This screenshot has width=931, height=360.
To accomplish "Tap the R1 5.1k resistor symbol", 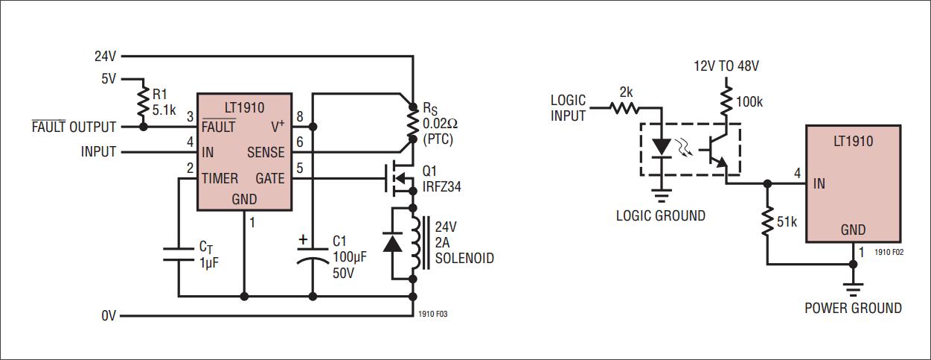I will tap(143, 102).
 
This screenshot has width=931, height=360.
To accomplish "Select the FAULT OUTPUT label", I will tap(74, 127).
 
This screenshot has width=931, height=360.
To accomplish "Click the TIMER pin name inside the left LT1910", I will tap(220, 177).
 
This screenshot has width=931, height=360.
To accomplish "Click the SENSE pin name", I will tap(265, 152).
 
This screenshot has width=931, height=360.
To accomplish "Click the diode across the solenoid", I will tap(393, 242).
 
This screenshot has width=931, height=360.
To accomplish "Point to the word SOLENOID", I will tap(464, 259).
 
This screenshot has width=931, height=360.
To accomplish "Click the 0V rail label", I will tap(109, 316).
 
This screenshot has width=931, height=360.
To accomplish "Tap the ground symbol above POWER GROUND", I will tap(853, 287).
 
